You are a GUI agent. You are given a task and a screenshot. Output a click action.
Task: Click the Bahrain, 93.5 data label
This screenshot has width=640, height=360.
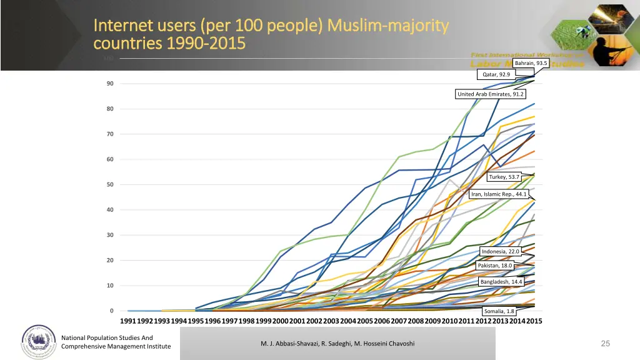(531, 63)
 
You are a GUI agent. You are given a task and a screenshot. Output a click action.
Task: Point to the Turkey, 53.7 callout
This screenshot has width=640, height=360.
(504, 177)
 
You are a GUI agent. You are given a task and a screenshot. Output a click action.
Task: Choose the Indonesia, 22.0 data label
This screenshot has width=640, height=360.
(500, 251)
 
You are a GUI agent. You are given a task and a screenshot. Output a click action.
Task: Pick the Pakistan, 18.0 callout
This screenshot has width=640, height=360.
(495, 266)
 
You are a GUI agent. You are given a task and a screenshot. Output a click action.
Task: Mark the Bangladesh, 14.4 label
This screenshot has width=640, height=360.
(501, 282)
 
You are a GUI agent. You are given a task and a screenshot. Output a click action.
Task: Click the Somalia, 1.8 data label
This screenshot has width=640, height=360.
(499, 311)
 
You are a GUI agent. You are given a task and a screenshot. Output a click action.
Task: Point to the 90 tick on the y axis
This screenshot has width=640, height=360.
(109, 84)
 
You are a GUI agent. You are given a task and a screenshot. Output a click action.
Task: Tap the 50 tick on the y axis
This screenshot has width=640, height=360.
(109, 184)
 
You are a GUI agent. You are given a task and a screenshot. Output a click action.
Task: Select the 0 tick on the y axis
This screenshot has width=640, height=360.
(111, 311)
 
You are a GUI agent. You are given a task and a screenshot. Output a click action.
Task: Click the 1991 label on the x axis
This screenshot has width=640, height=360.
(127, 321)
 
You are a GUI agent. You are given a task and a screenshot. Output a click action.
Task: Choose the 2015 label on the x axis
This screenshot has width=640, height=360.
(534, 321)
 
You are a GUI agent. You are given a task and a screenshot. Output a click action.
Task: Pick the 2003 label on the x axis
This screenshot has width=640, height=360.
(331, 321)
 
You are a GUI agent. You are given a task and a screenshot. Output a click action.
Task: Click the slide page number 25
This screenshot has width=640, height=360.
(605, 343)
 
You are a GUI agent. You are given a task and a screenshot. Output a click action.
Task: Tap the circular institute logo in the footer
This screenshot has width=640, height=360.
(38, 342)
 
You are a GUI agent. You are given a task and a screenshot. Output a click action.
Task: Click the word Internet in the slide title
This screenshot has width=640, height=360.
(119, 26)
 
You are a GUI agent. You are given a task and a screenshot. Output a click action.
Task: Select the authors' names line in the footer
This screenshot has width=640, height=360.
(337, 344)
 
